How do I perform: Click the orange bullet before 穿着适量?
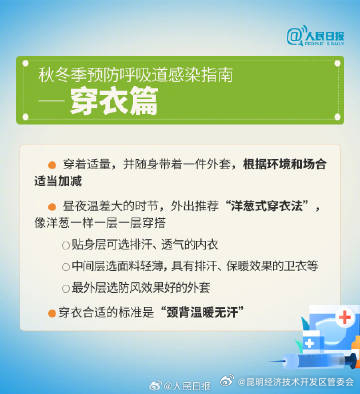[52, 164]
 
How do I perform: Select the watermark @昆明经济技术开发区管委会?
[292, 382]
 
